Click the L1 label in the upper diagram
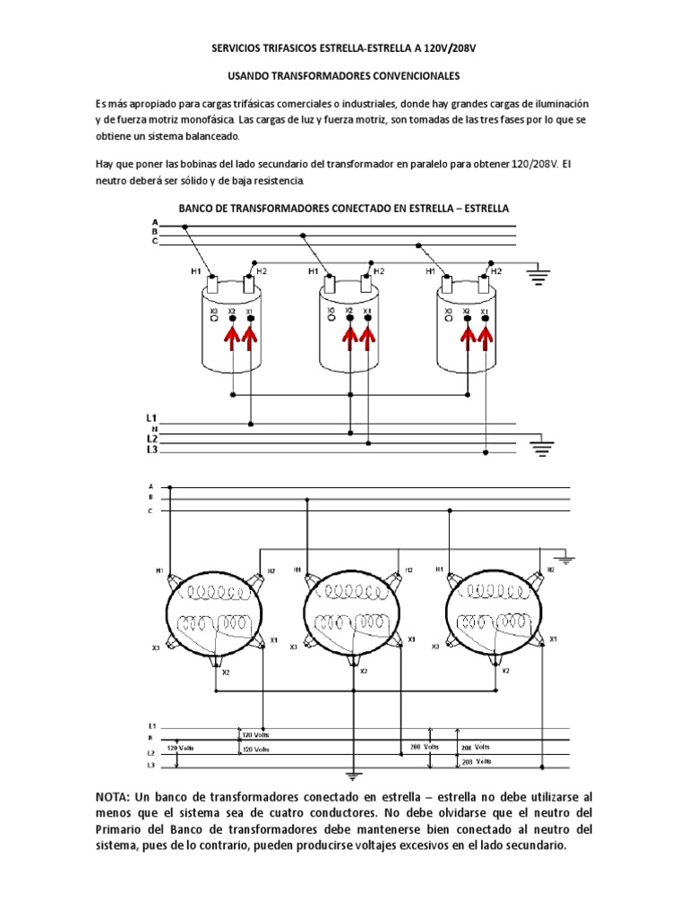click(x=152, y=418)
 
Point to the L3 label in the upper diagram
click(x=152, y=450)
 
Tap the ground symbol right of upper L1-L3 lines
click(x=542, y=445)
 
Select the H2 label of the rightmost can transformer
click(x=495, y=270)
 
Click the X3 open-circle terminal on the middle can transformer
click(x=331, y=315)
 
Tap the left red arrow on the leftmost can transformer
click(x=233, y=338)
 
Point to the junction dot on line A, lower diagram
click(x=170, y=489)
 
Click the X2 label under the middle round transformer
click(x=362, y=671)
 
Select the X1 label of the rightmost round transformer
click(x=554, y=639)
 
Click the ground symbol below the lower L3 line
click(x=353, y=776)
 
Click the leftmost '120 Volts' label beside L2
click(x=181, y=746)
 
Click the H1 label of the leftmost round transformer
click(x=159, y=570)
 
